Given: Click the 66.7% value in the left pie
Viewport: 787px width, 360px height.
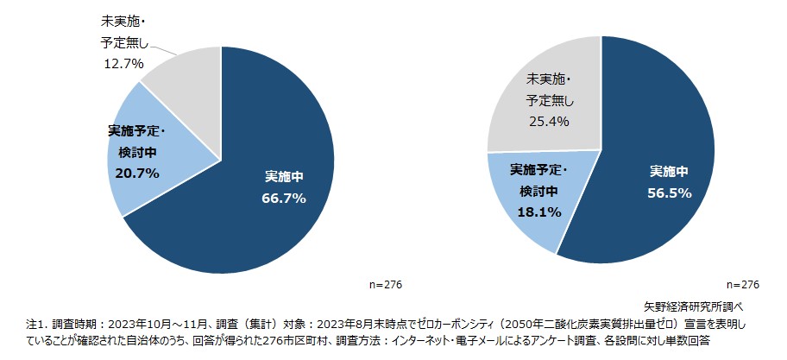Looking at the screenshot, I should tap(284, 198).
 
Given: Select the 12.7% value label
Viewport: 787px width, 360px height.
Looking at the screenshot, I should tap(122, 63).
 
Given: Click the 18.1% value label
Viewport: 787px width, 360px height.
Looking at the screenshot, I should tap(540, 211).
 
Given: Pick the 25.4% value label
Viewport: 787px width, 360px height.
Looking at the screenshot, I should tap(548, 122).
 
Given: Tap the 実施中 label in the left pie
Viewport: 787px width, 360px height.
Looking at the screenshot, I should tap(284, 177).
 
